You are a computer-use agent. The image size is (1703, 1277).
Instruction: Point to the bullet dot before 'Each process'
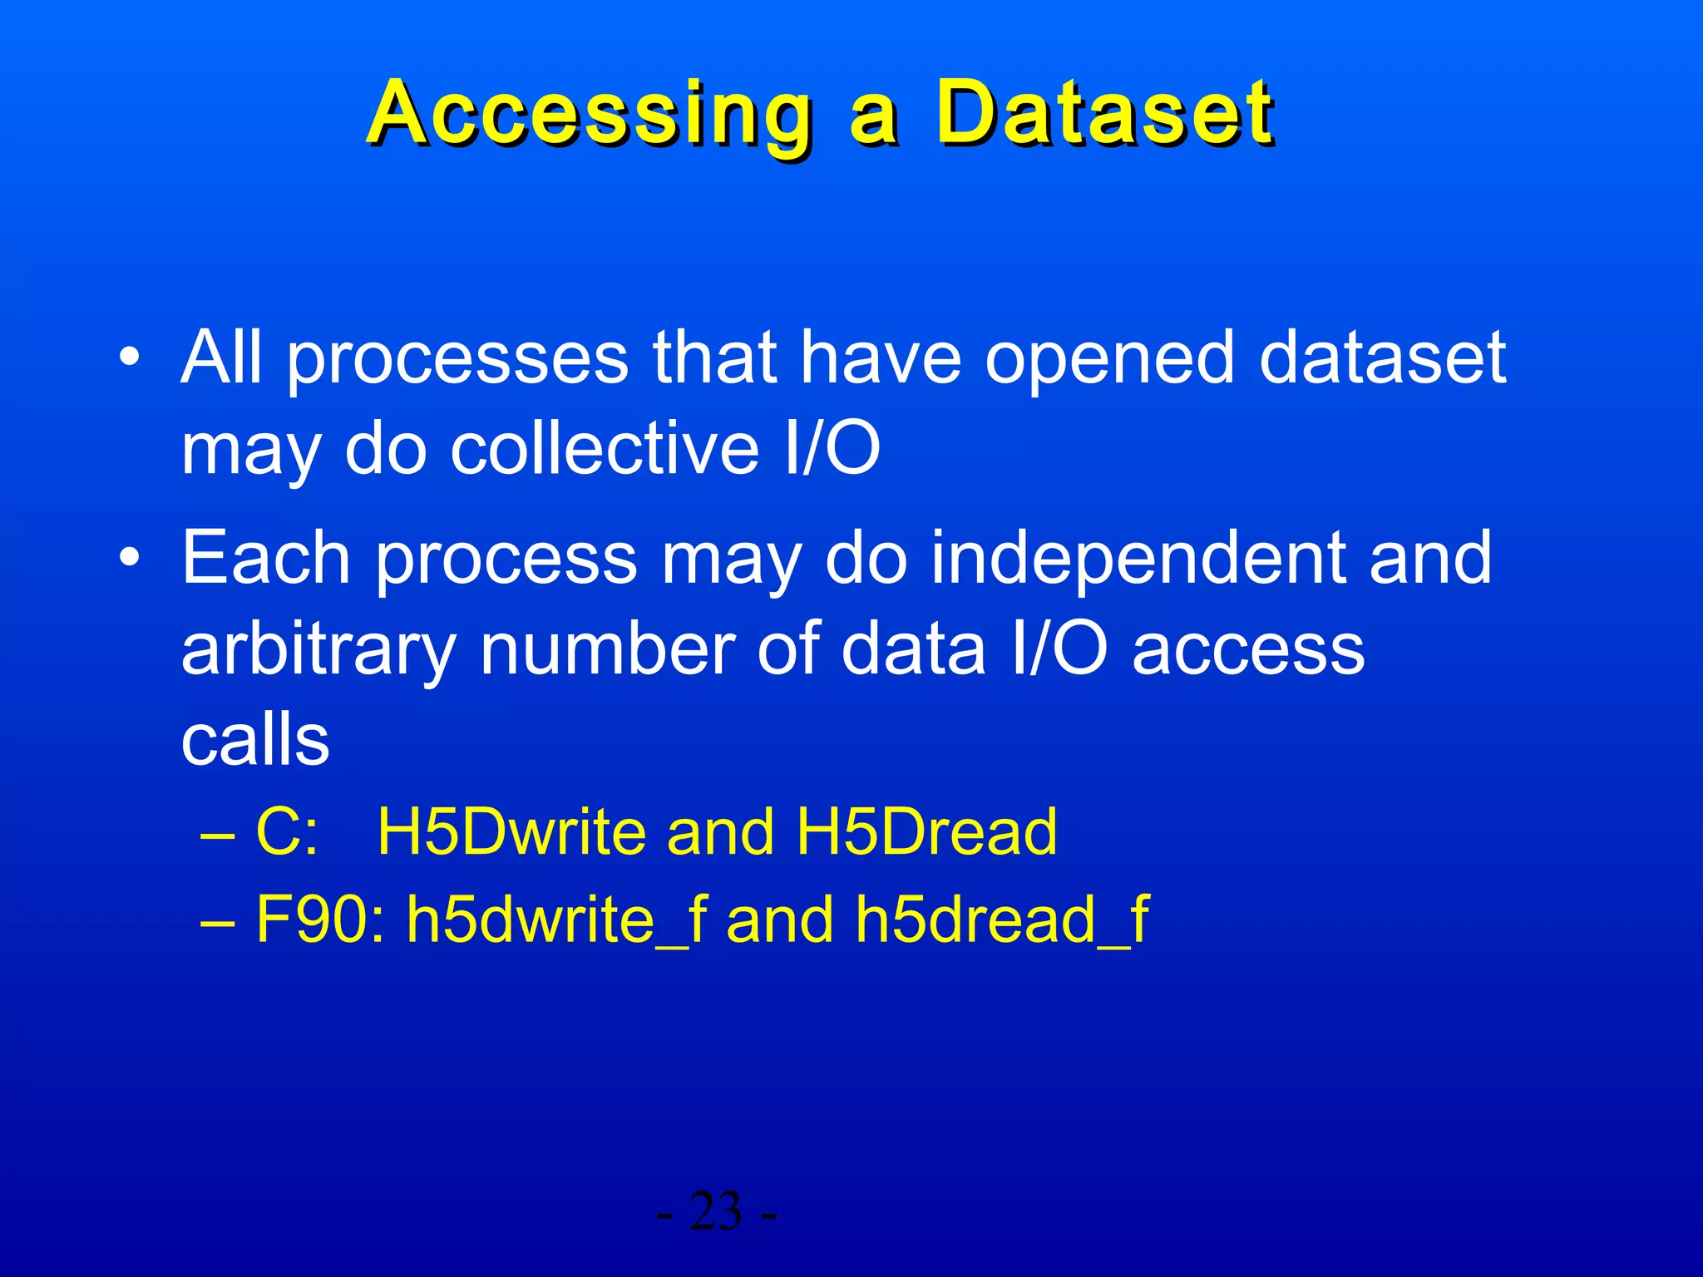[x=130, y=558]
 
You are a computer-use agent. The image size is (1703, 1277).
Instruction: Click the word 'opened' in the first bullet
[x=1109, y=359]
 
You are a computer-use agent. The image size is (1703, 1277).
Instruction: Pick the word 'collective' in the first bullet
[x=605, y=449]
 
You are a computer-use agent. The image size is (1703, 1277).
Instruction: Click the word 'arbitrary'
[x=318, y=650]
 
